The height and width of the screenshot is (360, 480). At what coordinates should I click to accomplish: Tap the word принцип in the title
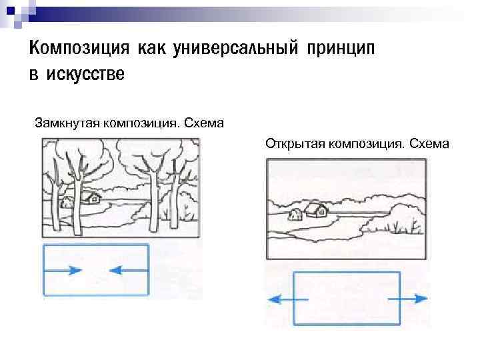(342, 49)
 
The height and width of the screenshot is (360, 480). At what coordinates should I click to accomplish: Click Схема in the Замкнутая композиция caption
(204, 123)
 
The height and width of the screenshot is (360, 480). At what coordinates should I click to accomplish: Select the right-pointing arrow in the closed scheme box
(67, 270)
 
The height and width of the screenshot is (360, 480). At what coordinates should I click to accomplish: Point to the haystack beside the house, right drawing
(295, 213)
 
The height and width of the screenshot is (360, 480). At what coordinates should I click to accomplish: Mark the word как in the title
(150, 48)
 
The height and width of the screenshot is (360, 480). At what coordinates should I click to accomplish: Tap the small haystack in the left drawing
(67, 203)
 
